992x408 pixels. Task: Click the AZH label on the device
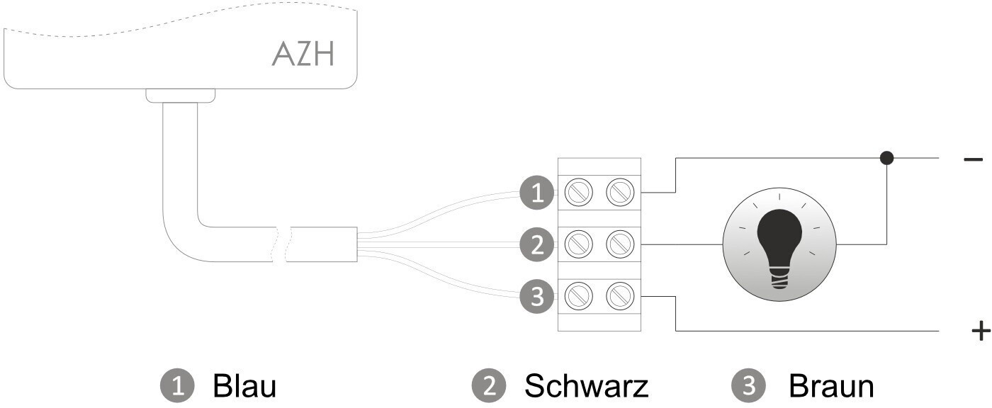point(303,54)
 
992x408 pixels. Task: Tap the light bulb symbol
point(779,244)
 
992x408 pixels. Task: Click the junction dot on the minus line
point(886,157)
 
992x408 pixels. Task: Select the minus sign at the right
point(973,159)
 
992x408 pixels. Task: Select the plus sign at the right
point(981,331)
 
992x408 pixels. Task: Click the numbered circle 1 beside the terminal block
point(537,193)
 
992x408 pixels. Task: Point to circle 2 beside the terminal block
point(537,244)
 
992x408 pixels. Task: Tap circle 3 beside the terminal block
point(537,296)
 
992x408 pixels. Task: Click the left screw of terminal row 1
point(579,193)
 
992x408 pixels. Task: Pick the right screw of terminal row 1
point(620,193)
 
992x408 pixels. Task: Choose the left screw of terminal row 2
point(579,244)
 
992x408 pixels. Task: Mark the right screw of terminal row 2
point(620,244)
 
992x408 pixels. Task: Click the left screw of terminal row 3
point(579,296)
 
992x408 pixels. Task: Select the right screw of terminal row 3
point(620,296)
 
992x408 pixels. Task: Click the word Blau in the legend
point(244,386)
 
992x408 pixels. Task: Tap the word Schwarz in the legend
point(587,386)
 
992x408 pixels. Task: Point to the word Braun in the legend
point(831,386)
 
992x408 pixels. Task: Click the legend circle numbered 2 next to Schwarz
point(489,386)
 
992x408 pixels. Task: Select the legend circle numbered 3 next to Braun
point(748,386)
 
